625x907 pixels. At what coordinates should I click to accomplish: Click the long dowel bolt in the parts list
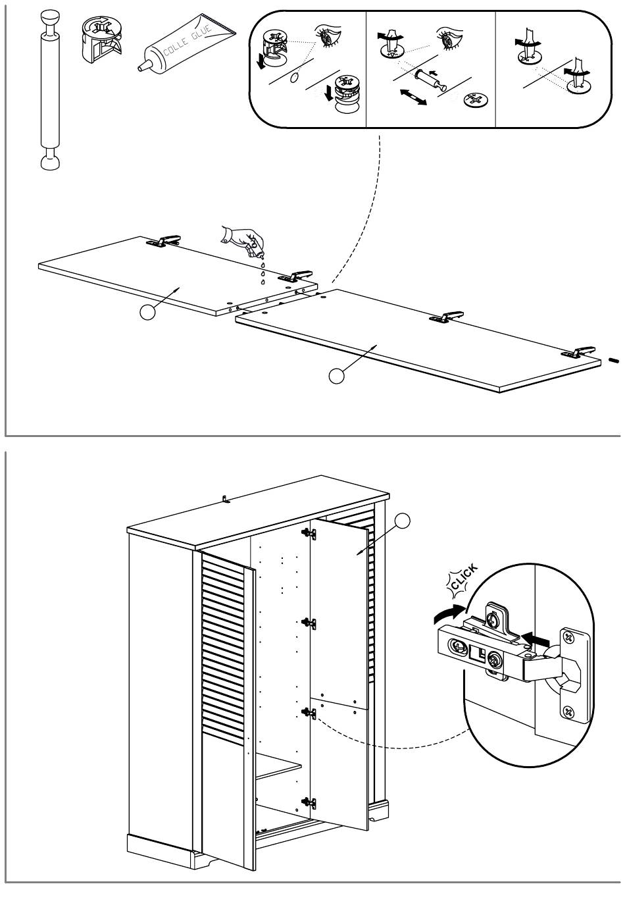click(50, 90)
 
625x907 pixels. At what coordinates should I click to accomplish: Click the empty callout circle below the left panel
click(147, 312)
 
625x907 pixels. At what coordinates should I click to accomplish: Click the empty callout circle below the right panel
click(336, 376)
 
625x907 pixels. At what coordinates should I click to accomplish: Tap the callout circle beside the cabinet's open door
click(402, 521)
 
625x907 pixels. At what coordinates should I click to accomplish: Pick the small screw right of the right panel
click(614, 359)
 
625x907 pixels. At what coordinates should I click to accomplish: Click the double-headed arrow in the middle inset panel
click(413, 97)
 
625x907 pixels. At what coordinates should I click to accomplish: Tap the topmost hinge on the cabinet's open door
click(309, 534)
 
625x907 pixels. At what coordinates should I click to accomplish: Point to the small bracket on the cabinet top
click(226, 499)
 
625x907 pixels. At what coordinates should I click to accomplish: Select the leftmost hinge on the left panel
click(163, 241)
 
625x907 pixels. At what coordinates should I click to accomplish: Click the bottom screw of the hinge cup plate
click(568, 711)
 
